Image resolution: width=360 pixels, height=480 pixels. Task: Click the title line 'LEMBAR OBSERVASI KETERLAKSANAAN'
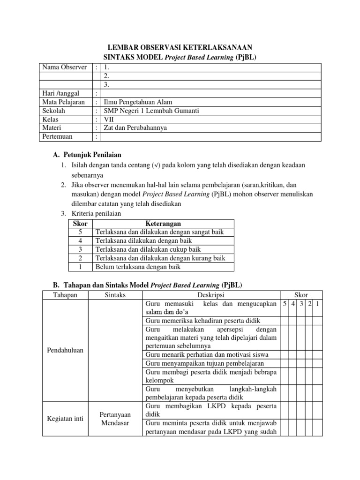[180, 47]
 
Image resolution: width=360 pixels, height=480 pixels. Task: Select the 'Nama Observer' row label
[64, 67]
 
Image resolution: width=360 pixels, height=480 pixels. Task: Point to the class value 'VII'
[110, 119]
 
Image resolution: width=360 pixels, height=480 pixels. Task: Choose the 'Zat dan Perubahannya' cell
[135, 127]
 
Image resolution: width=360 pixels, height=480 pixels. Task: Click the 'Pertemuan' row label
[59, 136]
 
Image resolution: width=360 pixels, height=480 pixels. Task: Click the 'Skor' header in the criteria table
[81, 224]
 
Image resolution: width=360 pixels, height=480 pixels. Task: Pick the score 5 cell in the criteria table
[81, 232]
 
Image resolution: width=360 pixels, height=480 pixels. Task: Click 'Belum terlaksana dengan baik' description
[138, 267]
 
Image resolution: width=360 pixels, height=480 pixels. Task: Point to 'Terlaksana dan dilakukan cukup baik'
[148, 249]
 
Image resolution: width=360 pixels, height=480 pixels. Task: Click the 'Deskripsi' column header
[211, 295]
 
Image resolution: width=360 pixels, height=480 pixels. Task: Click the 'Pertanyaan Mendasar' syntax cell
[116, 419]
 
